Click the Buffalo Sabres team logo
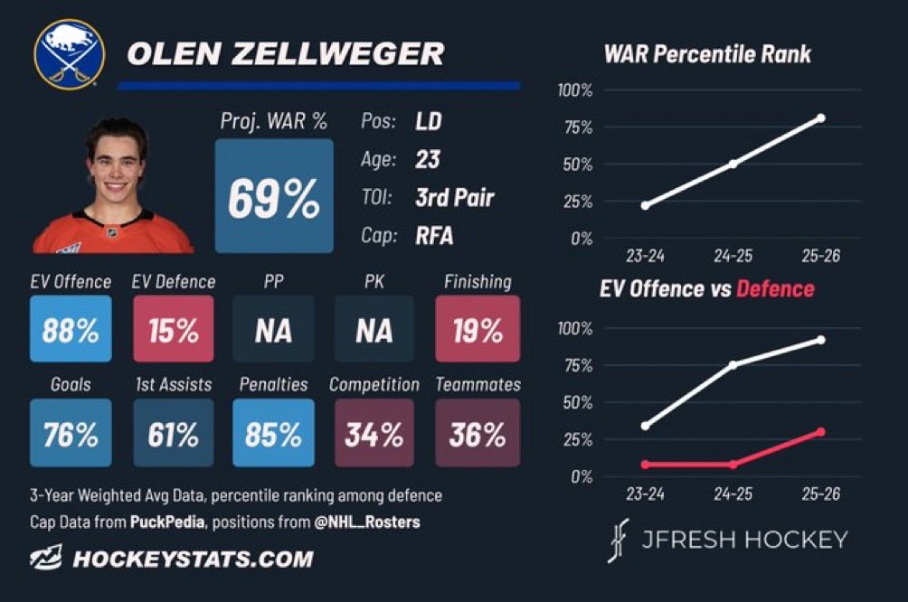point(70,55)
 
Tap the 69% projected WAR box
point(274,195)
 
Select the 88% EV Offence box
point(71,329)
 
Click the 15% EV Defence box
point(173,329)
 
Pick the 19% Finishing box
point(478,329)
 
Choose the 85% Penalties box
point(273,432)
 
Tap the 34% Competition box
point(374,432)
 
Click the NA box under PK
point(374,329)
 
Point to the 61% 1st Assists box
point(173,432)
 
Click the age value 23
point(428,159)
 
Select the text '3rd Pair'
point(455,197)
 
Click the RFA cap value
point(434,236)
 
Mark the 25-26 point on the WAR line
point(820,118)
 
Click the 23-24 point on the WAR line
point(645,205)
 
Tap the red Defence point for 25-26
point(820,432)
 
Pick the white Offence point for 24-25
point(733,364)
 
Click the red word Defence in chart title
point(775,288)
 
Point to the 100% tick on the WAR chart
point(575,90)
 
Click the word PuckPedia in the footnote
point(166,522)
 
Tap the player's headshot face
point(116,165)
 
